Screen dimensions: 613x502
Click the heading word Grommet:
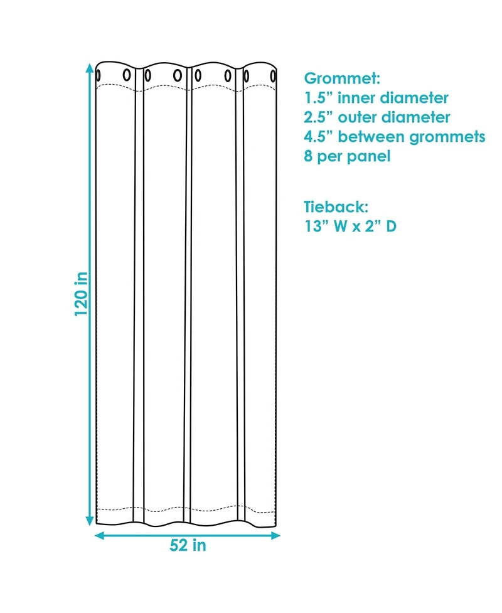coord(342,80)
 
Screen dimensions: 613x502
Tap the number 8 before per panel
coord(309,156)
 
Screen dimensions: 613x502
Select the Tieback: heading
coord(336,206)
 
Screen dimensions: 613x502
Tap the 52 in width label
coord(188,546)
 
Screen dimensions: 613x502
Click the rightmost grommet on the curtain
coord(274,77)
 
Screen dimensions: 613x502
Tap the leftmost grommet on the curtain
coord(99,76)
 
